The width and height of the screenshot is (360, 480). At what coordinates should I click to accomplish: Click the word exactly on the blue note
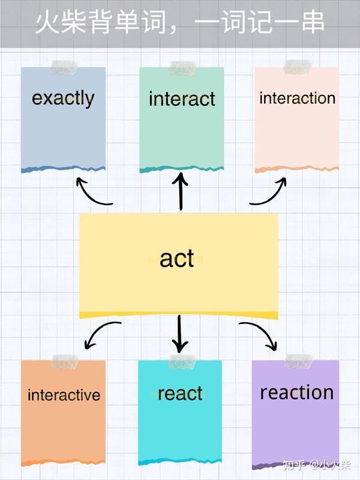pos(63,98)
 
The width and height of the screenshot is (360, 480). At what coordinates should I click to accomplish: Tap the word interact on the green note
pos(182,99)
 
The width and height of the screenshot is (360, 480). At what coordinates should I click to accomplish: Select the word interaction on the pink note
pos(297,98)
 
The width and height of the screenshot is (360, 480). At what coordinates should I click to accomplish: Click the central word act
pos(177,259)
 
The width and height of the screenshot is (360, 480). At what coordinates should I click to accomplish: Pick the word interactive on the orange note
pos(64,395)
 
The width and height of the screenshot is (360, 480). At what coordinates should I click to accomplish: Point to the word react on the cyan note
pos(180,394)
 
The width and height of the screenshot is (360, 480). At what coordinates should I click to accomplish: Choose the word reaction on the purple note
pos(296,392)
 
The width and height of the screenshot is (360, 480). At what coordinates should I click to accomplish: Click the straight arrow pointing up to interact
pos(181,191)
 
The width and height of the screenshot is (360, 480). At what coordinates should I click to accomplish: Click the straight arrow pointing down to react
pos(179,334)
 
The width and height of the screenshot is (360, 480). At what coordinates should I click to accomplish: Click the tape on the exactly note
pos(64,68)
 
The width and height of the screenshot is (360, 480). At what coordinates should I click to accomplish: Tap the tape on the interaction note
pos(297,67)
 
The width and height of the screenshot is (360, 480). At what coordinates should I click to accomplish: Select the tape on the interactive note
pos(65,362)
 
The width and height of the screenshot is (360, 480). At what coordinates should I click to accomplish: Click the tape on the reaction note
pos(298,361)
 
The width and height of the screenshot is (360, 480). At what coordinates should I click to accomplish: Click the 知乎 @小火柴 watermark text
pos(317,466)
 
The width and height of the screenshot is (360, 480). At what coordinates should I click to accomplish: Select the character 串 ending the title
pos(313,22)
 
